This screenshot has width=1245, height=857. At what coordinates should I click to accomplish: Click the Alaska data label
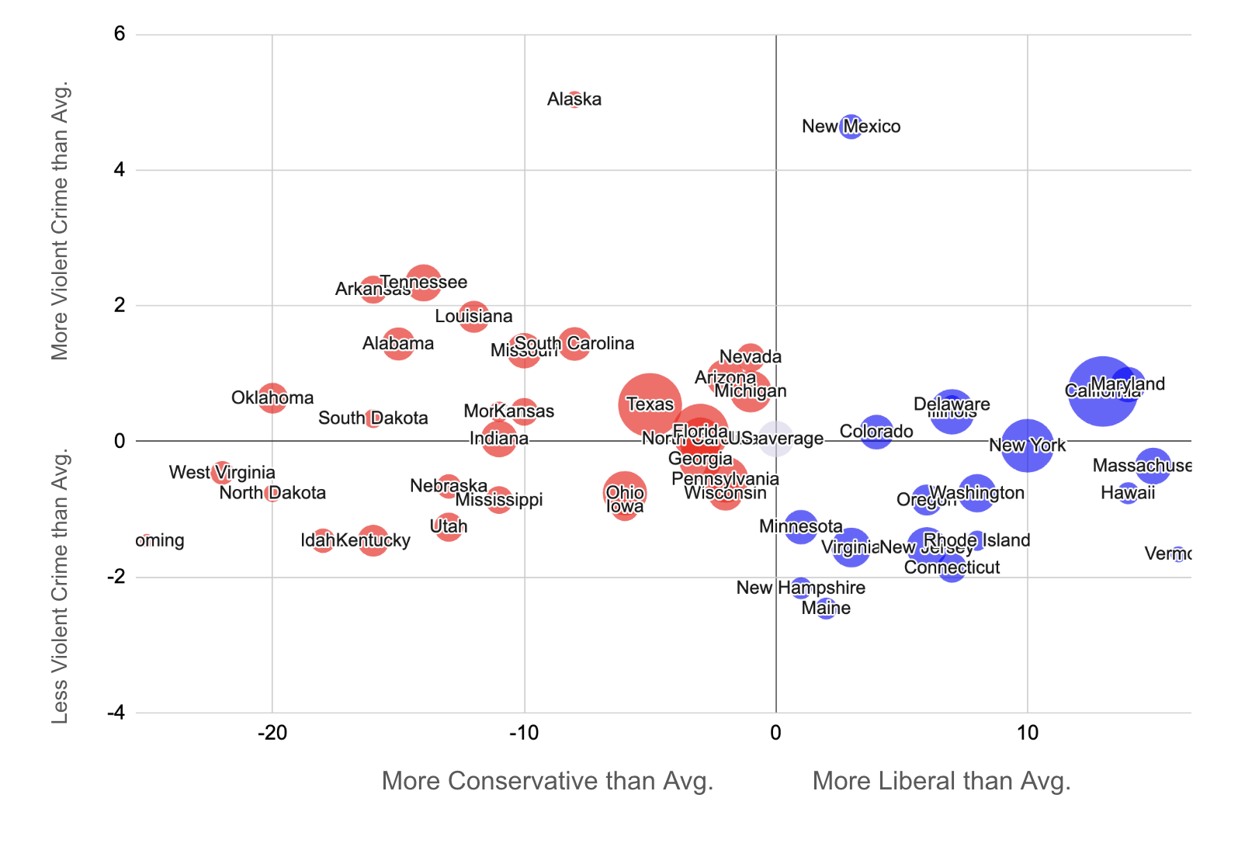point(574,99)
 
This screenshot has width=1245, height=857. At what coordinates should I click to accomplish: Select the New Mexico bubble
point(851,126)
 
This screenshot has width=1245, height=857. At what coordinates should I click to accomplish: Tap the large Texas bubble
point(650,404)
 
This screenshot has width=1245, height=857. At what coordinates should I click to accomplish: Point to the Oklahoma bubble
point(272,397)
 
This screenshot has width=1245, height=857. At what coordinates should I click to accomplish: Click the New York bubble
point(1027,445)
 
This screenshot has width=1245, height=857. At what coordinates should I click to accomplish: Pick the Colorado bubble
point(876,432)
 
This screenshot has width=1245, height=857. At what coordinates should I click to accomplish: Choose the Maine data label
point(826,608)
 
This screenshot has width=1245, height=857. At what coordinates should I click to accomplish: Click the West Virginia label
point(222,472)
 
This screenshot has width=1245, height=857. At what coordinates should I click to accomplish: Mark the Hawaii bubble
point(1128,493)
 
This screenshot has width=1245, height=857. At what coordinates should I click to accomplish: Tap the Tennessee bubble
point(423,283)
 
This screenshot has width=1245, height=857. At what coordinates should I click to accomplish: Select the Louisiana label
point(473,316)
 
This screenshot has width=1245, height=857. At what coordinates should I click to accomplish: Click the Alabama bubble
point(398,343)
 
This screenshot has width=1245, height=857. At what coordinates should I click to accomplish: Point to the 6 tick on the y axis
point(120,34)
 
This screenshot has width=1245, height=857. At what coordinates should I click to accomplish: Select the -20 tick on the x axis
point(272,733)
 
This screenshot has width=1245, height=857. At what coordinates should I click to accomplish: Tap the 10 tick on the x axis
point(1027,733)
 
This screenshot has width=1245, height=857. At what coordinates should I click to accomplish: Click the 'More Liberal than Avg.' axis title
point(942,781)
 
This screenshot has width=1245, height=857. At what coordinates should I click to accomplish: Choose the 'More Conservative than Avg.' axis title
point(547,781)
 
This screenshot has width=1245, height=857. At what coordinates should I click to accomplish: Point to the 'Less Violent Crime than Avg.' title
point(61,586)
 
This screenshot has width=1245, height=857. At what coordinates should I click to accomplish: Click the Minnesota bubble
point(801,526)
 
